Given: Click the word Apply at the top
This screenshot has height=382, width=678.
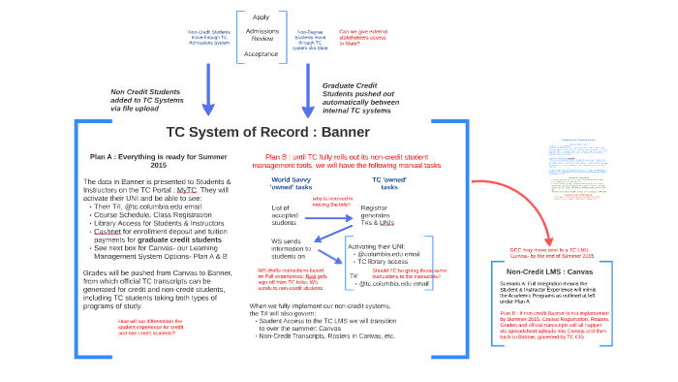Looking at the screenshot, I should pos(262,16).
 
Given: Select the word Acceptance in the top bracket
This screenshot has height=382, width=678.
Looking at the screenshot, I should pos(262,54).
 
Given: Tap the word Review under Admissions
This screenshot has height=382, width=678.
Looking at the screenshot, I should pos(262,42).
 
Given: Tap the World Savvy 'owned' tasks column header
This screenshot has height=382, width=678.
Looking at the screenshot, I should pos(291,183).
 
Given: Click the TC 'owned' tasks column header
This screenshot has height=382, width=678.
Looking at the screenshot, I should pos(391,183).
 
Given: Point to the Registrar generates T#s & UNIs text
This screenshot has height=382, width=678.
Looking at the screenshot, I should pos(381,214).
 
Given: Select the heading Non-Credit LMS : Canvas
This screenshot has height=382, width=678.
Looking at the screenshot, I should pos(546,271).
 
